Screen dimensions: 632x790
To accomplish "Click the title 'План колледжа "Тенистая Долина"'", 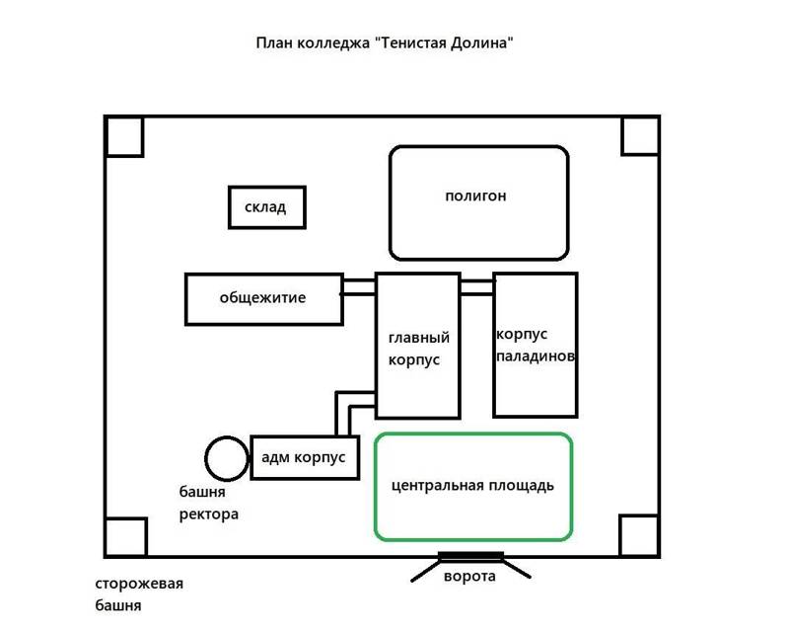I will pos(385,44).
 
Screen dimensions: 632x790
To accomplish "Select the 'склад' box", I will pos(264,207).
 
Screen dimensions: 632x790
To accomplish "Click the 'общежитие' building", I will pos(263,298).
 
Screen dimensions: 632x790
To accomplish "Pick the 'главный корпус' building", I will pos(417,346).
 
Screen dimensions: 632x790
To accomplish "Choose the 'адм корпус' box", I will pos(305,457).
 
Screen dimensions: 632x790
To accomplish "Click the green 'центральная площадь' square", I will pos(473,487).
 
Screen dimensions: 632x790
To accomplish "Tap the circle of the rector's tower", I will pos(227,458).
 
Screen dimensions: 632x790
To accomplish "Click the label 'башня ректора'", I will pos(208,503).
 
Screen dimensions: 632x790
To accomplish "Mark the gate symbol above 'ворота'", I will pos(470,558).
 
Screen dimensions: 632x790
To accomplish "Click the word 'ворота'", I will pos(469,577).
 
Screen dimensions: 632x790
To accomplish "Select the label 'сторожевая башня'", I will pos(139,593).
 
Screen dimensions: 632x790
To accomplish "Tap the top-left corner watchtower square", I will pos(125,136).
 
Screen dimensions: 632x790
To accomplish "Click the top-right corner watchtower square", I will pos(640,135).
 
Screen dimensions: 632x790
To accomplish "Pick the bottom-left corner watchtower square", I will pos(125,536).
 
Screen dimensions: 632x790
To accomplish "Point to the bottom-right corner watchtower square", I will pos(639,535).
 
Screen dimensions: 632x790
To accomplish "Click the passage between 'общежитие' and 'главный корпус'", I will pos(359,288).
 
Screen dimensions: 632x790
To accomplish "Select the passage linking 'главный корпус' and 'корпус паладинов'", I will pos(476,286).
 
